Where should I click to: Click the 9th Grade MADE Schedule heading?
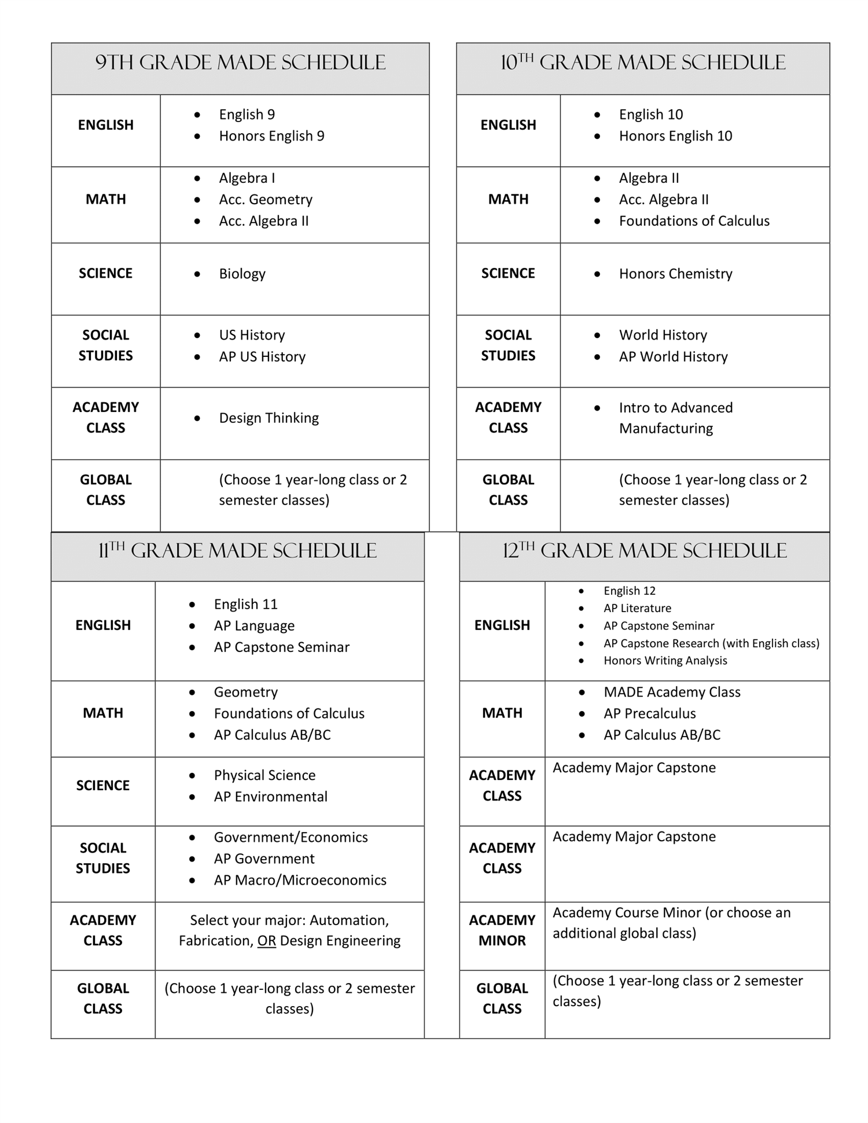pyautogui.click(x=240, y=62)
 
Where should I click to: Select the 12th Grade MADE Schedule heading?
pyautogui.click(x=644, y=551)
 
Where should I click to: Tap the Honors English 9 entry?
pyautogui.click(x=271, y=136)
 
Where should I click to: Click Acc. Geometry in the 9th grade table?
pyautogui.click(x=266, y=200)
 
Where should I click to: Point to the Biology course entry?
pyautogui.click(x=242, y=274)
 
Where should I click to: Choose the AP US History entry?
pyautogui.click(x=262, y=357)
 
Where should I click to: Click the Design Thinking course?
pyautogui.click(x=269, y=418)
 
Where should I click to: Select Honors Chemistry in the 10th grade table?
pyautogui.click(x=675, y=274)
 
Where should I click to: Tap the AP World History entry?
pyautogui.click(x=673, y=357)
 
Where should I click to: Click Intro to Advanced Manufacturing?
pyautogui.click(x=675, y=418)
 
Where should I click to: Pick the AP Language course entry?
pyautogui.click(x=254, y=626)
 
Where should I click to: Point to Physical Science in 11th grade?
pyautogui.click(x=264, y=775)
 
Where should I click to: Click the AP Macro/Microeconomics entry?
pyautogui.click(x=300, y=880)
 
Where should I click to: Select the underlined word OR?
pyautogui.click(x=266, y=941)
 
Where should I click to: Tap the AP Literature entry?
pyautogui.click(x=637, y=608)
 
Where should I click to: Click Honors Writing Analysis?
pyautogui.click(x=665, y=661)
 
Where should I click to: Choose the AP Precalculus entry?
pyautogui.click(x=649, y=713)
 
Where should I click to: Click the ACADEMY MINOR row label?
pyautogui.click(x=502, y=930)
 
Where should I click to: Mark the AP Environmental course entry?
pyautogui.click(x=270, y=797)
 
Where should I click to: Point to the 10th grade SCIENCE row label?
pyautogui.click(x=508, y=274)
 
